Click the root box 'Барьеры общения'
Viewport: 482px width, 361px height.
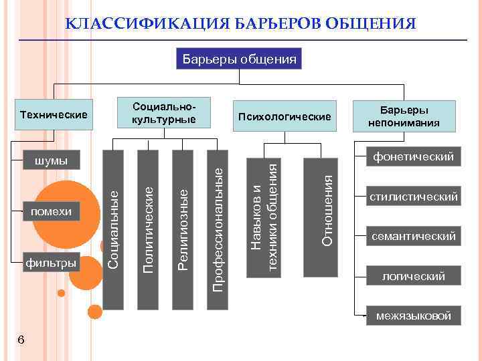tap(239, 59)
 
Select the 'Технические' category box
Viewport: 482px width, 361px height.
tap(54, 115)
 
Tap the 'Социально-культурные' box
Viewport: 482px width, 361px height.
tap(164, 114)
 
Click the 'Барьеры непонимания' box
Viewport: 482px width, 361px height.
tap(404, 116)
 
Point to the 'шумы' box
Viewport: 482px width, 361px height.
tap(51, 160)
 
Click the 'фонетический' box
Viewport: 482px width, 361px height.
tap(413, 157)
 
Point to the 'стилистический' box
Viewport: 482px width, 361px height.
tap(413, 197)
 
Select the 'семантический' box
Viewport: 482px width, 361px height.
tap(413, 236)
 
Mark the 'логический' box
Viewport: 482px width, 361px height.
tap(413, 276)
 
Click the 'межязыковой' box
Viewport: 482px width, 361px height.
tap(413, 316)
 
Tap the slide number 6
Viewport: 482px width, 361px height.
tap(21, 340)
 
